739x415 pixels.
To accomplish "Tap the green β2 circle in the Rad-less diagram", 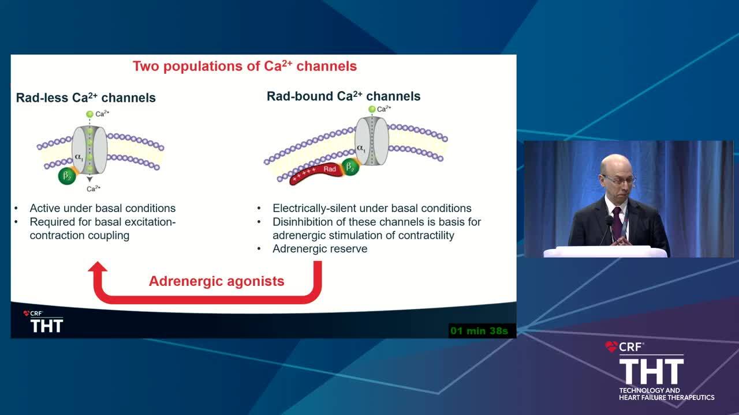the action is coord(67,176).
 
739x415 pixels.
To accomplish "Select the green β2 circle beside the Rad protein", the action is coord(350,167).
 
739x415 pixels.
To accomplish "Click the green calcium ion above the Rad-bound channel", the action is coord(372,109).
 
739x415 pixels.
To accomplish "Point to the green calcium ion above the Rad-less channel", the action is coord(89,114).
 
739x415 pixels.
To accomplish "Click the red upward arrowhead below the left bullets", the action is coord(98,267).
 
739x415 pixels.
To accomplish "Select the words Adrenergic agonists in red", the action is coord(217,281).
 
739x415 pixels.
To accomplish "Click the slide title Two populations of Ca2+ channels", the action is coord(245,66).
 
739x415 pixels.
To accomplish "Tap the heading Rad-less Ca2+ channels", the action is coord(86,97).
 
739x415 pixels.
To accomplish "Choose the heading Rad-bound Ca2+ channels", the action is coord(344,96).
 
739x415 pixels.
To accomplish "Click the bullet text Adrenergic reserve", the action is coord(320,248).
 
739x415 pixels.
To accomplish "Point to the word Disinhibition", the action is coord(303,222).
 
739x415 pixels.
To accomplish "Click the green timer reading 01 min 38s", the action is coord(479,331).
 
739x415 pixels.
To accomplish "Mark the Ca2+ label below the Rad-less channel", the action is coord(94,188).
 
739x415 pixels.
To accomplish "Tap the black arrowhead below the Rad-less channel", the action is coord(89,179).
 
